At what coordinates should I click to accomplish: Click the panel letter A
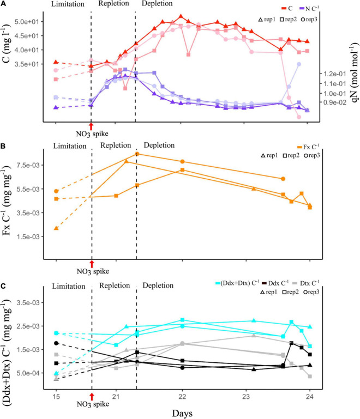coord(4,4)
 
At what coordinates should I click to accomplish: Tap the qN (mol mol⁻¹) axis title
coord(353,71)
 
